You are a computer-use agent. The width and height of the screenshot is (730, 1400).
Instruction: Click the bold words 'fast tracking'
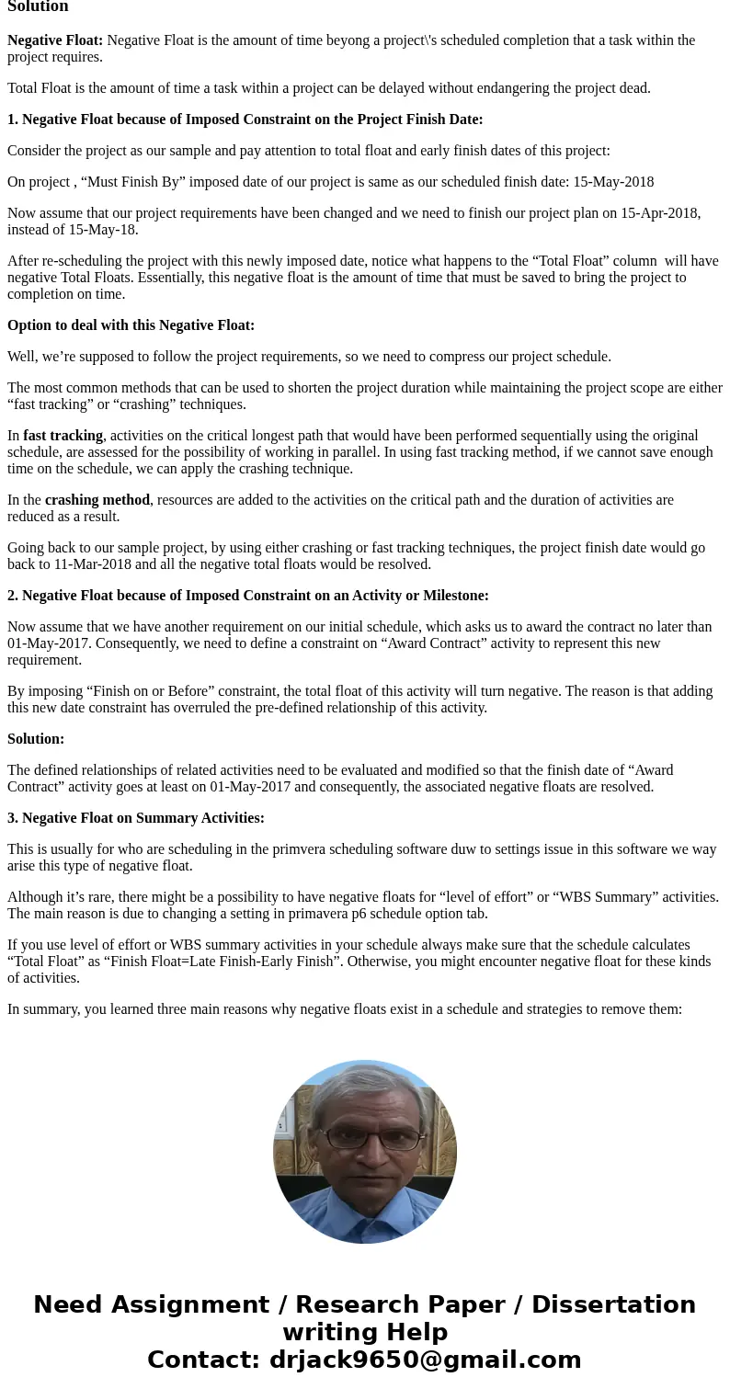coord(63,436)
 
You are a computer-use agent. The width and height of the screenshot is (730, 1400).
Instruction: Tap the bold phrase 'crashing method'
coord(97,500)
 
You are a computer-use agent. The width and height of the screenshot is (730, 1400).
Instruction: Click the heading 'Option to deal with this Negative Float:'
coord(131,325)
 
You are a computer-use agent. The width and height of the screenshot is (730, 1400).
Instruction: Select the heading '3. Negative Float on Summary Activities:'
coord(136,818)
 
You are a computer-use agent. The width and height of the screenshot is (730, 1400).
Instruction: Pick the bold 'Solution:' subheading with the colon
coord(36,739)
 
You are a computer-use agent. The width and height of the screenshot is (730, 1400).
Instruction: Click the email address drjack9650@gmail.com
coord(425,1360)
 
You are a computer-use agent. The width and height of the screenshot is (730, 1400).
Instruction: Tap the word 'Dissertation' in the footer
coord(613,1304)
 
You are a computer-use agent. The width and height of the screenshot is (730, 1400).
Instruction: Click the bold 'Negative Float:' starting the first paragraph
coord(55,40)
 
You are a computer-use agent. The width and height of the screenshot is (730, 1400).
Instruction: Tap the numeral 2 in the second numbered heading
coord(12,596)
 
